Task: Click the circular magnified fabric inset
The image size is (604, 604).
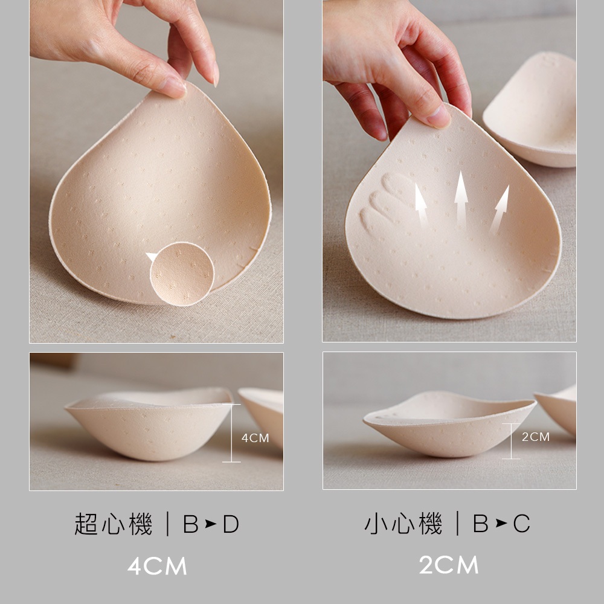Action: (x=182, y=274)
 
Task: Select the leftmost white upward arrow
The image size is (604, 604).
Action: (x=421, y=204)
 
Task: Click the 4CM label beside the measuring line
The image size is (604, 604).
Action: (x=255, y=438)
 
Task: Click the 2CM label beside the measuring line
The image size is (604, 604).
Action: (x=535, y=437)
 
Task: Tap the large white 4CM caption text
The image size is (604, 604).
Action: (x=157, y=566)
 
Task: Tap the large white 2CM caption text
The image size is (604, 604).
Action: (x=449, y=565)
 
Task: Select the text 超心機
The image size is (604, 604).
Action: (x=114, y=524)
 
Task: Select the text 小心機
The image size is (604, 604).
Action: (x=403, y=523)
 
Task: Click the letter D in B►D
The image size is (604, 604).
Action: (x=231, y=524)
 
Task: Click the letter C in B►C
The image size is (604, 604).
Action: (x=521, y=524)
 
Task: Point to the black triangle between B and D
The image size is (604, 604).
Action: (x=210, y=524)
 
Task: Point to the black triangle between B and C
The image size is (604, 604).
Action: (x=501, y=523)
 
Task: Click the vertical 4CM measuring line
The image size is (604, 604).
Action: (x=231, y=433)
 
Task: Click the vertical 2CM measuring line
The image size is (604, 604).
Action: (x=511, y=441)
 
